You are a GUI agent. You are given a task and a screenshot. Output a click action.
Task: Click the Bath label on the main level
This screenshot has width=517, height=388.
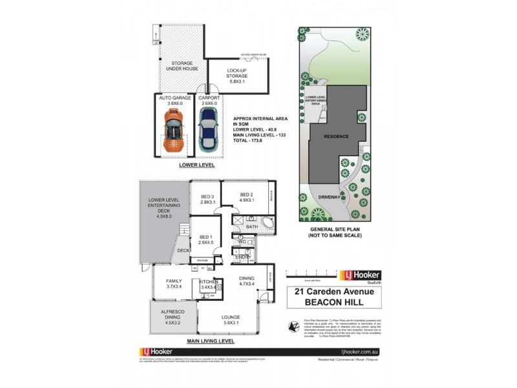click(x=251, y=227)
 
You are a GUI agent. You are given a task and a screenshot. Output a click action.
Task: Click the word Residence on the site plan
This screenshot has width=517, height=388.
click(x=337, y=137)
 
